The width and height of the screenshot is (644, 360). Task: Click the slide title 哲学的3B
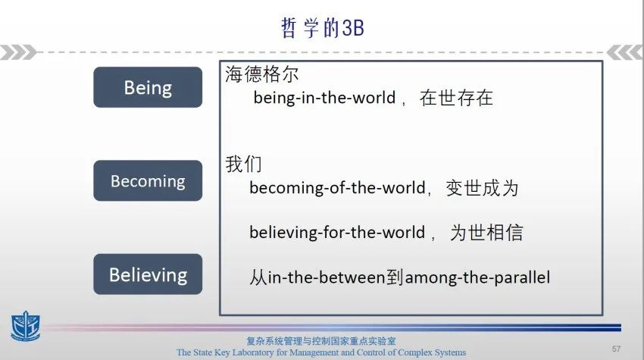[x=323, y=28]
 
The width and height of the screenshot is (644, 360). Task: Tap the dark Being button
[x=148, y=87]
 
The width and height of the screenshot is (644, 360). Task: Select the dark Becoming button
[x=148, y=180]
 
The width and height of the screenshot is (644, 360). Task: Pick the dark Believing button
[x=148, y=274]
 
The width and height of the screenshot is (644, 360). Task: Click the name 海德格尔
[x=261, y=74]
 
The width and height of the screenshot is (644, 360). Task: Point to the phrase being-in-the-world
[x=324, y=98]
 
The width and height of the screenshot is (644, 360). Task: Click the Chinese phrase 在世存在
[x=456, y=98]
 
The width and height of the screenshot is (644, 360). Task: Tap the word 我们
[x=243, y=164]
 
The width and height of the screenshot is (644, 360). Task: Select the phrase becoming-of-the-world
[x=337, y=188]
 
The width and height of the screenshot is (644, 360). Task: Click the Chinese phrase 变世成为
[x=482, y=188]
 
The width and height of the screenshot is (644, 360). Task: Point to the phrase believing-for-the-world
[x=337, y=233]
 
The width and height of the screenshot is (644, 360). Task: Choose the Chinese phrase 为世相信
[x=486, y=233]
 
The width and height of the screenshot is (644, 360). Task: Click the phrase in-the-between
[x=327, y=277]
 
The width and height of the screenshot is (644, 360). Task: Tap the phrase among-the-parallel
[x=477, y=277]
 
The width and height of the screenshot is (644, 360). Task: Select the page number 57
[x=616, y=349]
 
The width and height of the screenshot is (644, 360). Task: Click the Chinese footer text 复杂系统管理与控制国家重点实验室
[x=321, y=341]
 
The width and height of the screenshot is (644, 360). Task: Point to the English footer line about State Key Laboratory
[x=321, y=352]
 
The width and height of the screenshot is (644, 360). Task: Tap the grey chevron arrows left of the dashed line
[x=18, y=52]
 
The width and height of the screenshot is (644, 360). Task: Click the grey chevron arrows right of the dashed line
[x=624, y=52]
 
